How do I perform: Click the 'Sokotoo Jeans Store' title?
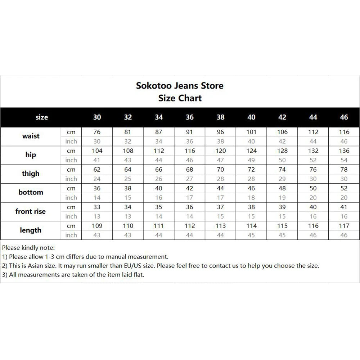180,86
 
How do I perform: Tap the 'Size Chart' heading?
180,98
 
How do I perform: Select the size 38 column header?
221,117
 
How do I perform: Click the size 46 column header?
344,117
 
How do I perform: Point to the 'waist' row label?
31,136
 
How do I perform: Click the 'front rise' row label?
31,211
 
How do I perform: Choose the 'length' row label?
31,230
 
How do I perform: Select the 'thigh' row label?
31,174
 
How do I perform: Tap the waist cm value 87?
159,132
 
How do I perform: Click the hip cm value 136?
344,151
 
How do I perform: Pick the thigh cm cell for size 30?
97,170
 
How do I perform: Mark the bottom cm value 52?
344,188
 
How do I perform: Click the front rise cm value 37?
221,207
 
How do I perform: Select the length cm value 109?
97,226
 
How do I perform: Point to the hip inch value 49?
252,160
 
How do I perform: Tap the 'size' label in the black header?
42,117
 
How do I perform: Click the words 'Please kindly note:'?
28,248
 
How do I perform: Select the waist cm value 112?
313,132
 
